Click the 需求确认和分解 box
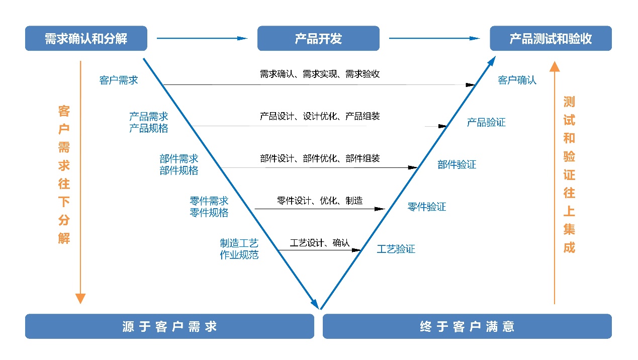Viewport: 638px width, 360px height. (86, 39)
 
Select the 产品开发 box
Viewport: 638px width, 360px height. (318, 39)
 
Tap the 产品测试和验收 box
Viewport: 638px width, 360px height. (551, 39)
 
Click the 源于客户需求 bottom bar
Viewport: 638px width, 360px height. (169, 326)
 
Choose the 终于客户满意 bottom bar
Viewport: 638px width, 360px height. (467, 326)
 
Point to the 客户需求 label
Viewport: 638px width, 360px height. (119, 80)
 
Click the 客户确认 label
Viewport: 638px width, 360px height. (517, 80)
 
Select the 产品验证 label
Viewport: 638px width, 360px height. (486, 122)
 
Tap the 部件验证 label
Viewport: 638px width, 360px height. (457, 164)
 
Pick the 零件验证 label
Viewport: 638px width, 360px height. (426, 207)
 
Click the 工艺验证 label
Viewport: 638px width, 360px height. (396, 249)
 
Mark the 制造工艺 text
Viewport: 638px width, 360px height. (239, 243)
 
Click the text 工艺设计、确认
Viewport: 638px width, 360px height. (319, 243)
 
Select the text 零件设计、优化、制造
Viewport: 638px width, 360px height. (320, 201)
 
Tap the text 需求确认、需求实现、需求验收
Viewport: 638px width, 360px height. (320, 74)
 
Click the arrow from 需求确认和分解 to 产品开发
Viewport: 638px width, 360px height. (202, 38)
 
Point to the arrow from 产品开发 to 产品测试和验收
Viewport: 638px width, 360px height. (434, 38)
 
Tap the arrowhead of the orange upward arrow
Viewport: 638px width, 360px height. (554, 67)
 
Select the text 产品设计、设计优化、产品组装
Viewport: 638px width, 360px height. (320, 116)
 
